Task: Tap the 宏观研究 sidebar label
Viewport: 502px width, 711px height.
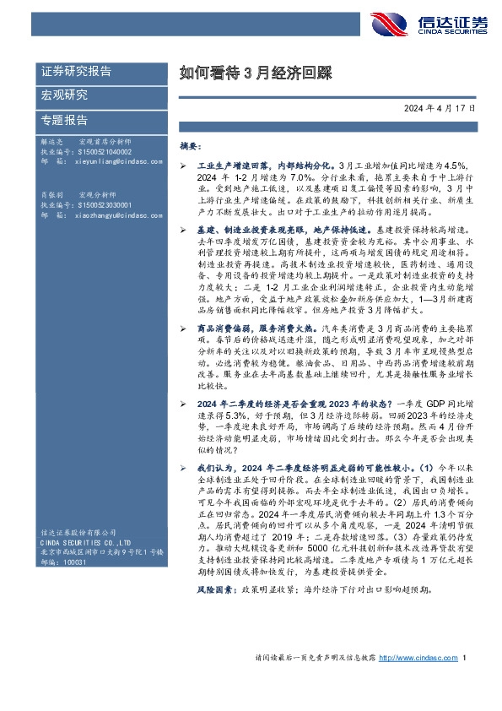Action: click(64, 95)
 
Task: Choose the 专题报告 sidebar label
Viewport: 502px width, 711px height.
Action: click(64, 119)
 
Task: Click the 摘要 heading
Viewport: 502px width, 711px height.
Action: click(191, 146)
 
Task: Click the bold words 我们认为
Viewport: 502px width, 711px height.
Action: click(216, 466)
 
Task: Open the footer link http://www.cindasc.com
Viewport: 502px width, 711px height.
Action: click(416, 681)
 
